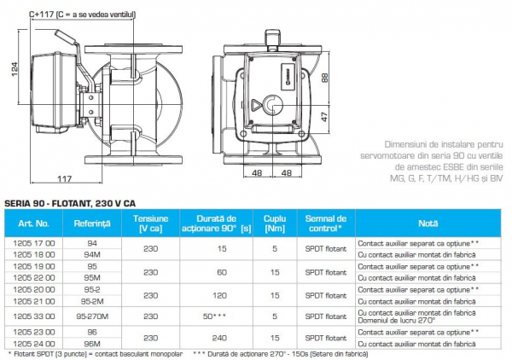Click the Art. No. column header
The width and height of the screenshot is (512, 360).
33,224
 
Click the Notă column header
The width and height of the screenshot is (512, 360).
428,224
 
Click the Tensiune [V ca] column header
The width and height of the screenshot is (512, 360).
151,224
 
